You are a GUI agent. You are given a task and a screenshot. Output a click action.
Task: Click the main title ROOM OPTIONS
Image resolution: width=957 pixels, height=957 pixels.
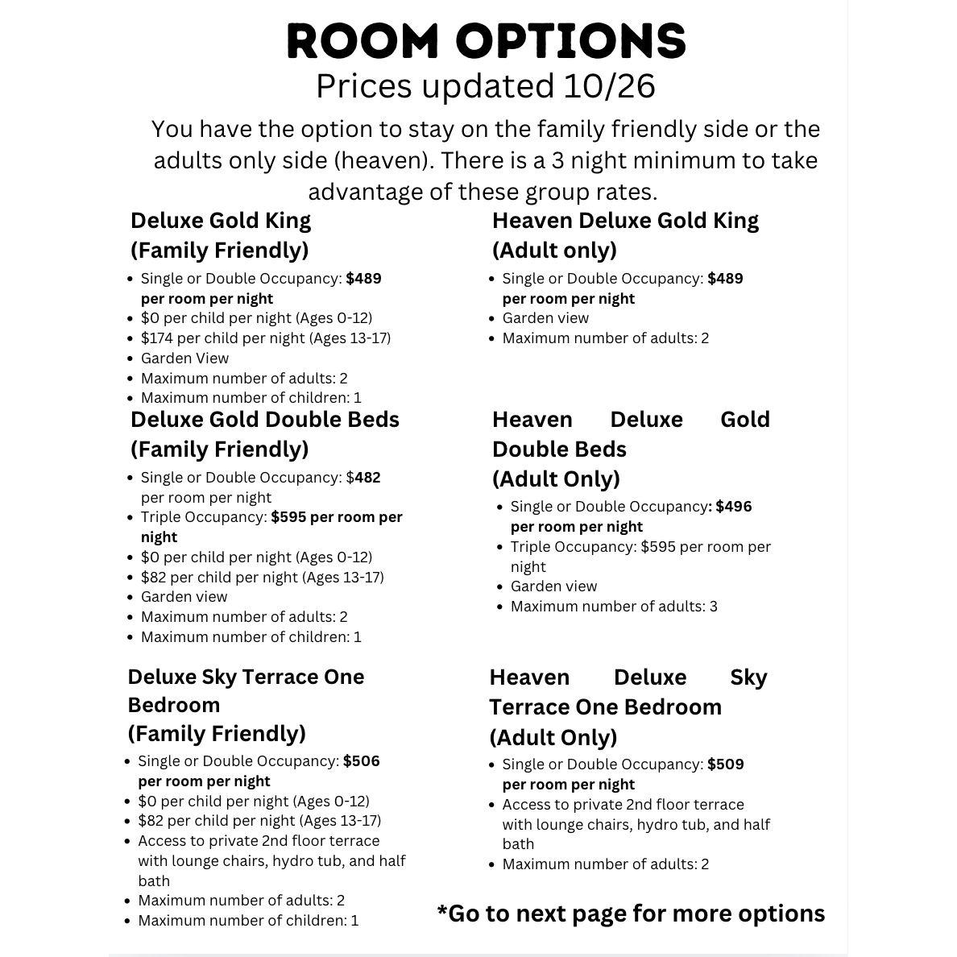click(x=487, y=41)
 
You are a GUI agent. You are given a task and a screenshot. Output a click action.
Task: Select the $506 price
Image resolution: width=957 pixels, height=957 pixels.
click(x=361, y=761)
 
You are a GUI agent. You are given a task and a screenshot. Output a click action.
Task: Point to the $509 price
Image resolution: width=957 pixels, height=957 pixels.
click(x=725, y=764)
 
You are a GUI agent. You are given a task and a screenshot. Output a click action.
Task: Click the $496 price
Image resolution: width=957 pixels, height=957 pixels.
click(x=733, y=507)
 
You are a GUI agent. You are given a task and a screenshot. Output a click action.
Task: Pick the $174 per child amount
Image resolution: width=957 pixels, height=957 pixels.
click(x=157, y=338)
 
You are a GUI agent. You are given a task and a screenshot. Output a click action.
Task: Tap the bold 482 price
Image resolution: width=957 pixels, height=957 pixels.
click(x=367, y=478)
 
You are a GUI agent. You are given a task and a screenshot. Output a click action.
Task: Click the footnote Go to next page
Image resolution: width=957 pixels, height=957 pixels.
click(x=631, y=913)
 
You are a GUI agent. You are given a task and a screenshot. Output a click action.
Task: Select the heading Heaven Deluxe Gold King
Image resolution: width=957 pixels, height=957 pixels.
click(x=625, y=221)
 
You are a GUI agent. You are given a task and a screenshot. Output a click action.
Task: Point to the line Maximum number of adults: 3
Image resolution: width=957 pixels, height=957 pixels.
click(x=614, y=607)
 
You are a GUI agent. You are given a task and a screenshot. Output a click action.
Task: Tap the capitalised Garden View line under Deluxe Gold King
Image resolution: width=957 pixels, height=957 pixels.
click(x=184, y=358)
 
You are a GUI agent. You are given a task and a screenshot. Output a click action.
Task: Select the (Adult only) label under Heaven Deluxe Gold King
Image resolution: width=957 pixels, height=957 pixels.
click(x=554, y=251)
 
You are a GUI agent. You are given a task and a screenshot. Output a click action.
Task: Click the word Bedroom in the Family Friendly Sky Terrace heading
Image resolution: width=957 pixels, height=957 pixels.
click(x=173, y=705)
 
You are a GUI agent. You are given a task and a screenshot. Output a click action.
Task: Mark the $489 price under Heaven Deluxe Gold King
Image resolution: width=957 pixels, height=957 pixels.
click(x=725, y=279)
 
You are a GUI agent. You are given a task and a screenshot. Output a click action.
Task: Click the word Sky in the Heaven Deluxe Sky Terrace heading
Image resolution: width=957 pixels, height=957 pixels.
click(x=748, y=677)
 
